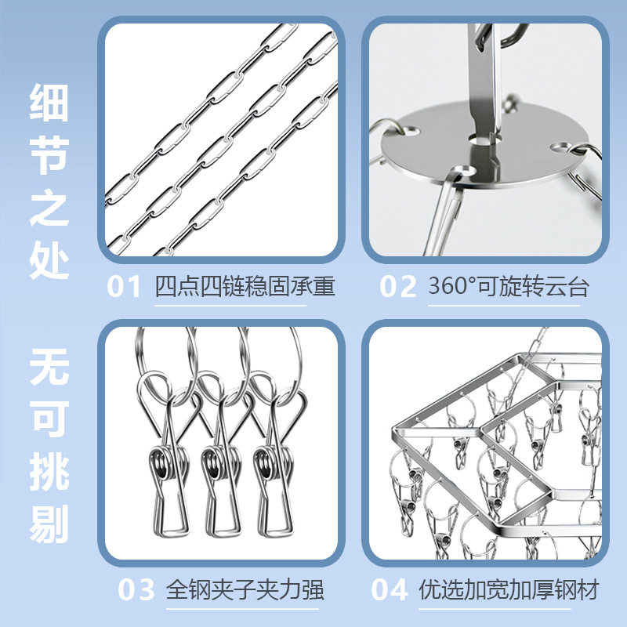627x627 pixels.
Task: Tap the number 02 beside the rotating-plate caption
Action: coord(398,287)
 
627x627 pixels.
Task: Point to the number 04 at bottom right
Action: coord(390,589)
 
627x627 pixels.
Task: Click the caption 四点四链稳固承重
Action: coord(245,287)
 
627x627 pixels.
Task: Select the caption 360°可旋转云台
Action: coord(508,287)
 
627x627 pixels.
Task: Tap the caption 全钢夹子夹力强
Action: coord(245,589)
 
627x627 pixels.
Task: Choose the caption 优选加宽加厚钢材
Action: coord(508,589)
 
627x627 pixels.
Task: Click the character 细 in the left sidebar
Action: coord(49,102)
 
